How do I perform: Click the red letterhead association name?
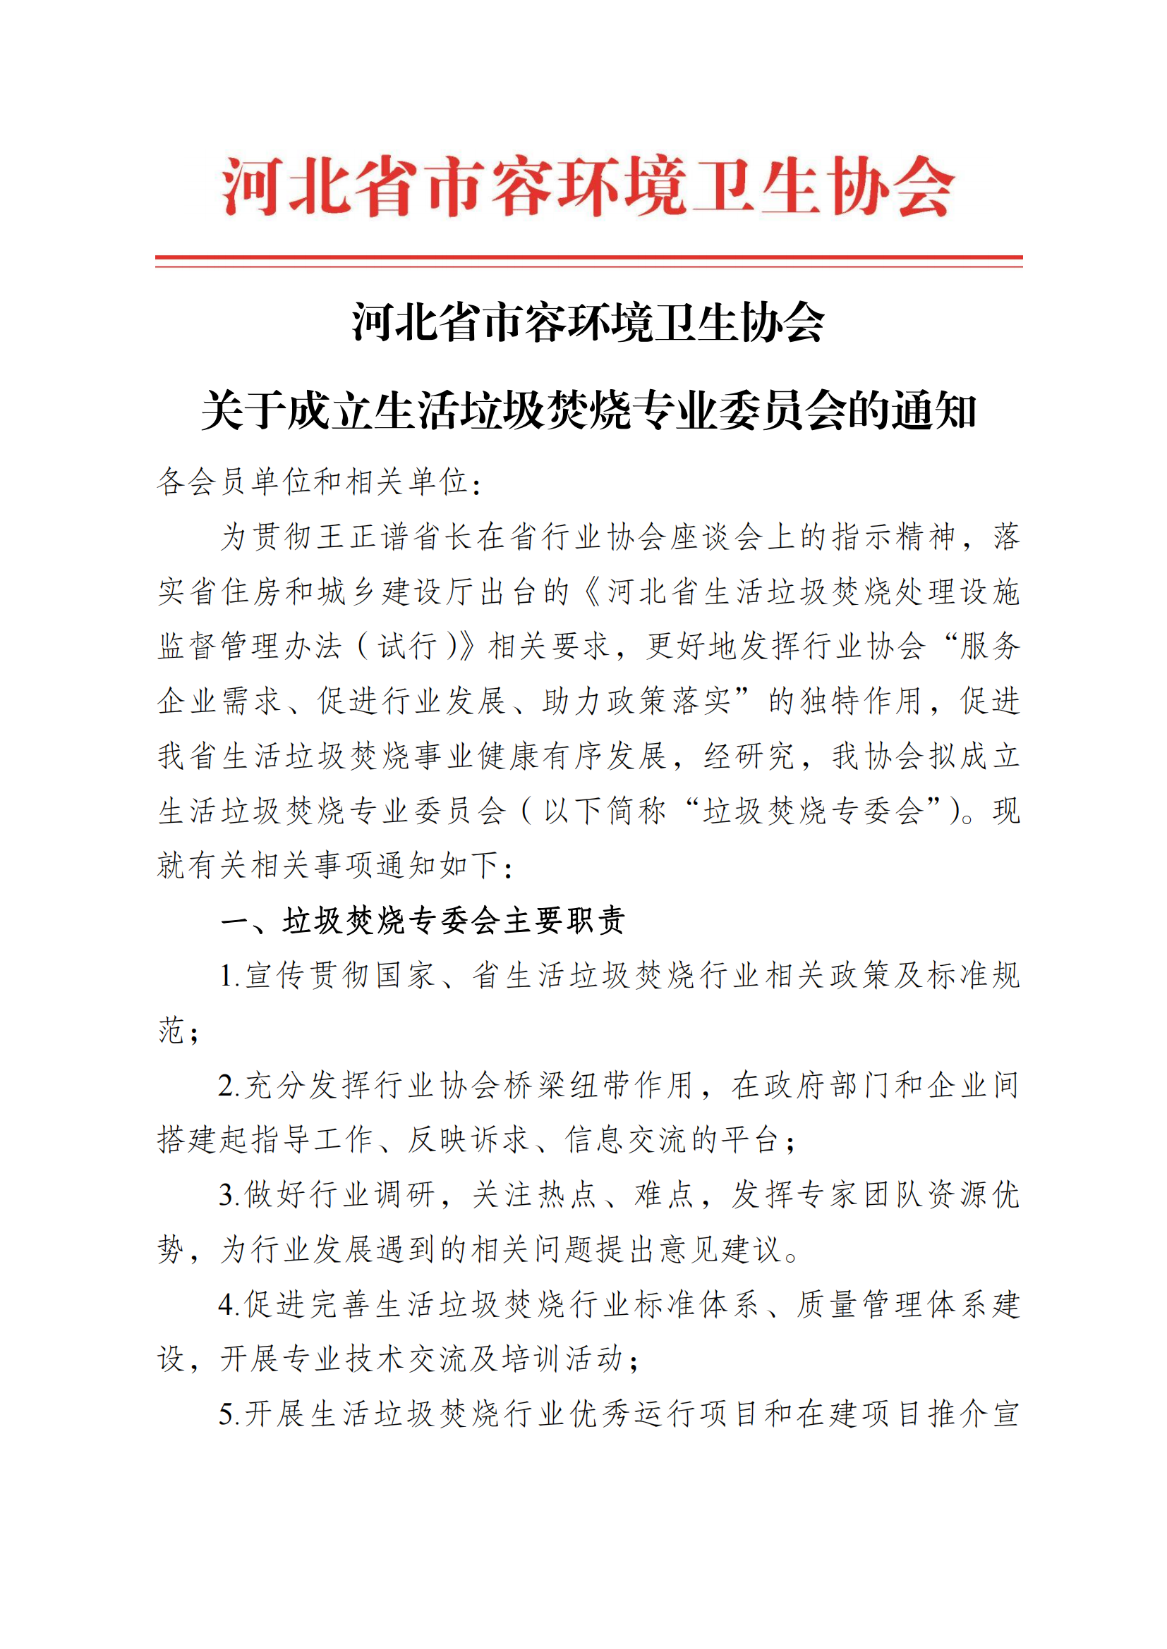coord(588,186)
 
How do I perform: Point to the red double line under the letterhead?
coord(588,260)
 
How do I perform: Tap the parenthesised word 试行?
coord(407,646)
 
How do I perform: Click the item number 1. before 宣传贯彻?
coord(230,976)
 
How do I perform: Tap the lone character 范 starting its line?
coord(171,1030)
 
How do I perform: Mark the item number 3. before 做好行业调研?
coord(230,1195)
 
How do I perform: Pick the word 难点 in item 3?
coord(664,1195)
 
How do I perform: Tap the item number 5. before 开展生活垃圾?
coord(230,1414)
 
